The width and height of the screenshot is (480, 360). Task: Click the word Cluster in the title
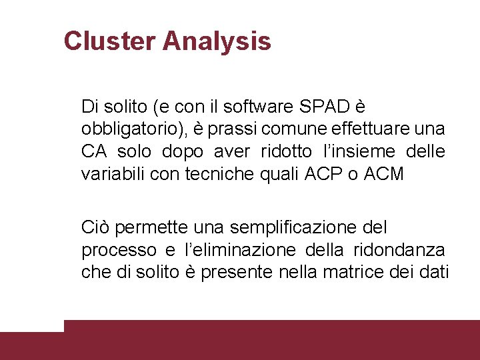coord(109,41)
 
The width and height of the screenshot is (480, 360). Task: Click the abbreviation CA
coord(94,151)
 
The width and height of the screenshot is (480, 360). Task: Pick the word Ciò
coord(95,227)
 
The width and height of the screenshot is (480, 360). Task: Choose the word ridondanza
coord(408,250)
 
